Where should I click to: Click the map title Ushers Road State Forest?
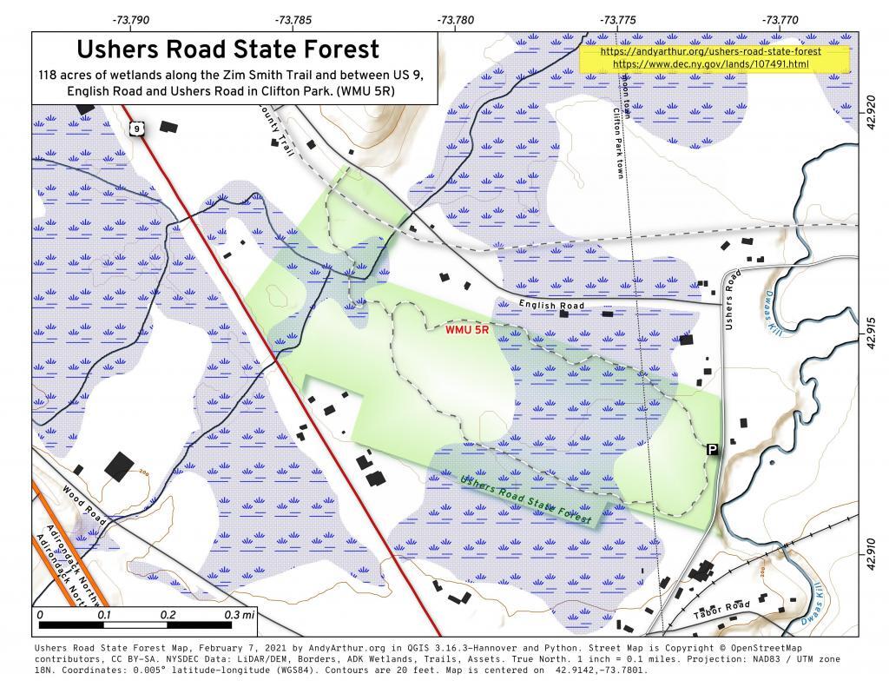tap(227, 50)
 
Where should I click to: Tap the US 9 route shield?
tap(138, 129)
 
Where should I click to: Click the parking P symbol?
tap(712, 449)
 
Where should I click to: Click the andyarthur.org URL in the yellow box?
tap(710, 51)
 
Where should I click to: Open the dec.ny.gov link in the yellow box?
tap(710, 64)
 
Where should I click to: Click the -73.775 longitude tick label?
tap(617, 19)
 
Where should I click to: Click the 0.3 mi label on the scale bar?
tap(240, 615)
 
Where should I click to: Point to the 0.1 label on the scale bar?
tap(104, 615)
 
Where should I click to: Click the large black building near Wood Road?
tap(120, 466)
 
